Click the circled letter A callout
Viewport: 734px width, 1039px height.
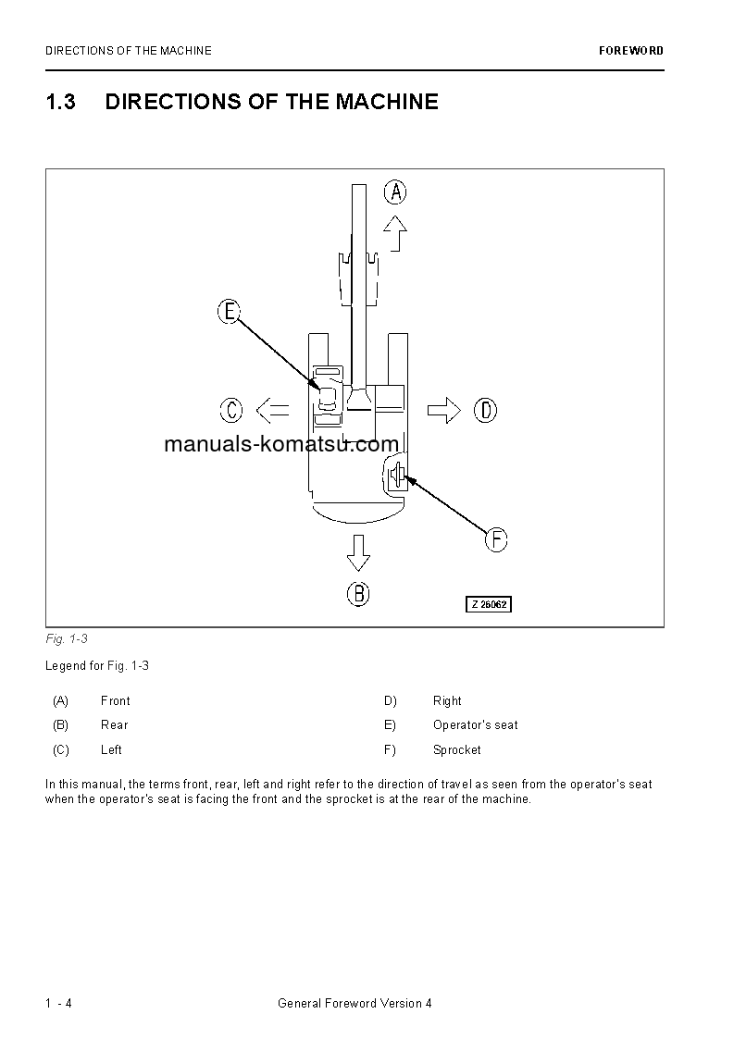pos(395,192)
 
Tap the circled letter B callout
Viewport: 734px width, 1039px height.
pos(358,593)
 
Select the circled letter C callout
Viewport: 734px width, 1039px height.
pos(231,409)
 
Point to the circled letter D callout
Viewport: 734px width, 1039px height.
pos(485,409)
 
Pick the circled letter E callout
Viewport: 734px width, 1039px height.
pos(230,312)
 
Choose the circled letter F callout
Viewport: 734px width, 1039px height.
pos(496,539)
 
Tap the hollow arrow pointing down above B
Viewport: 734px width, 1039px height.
pos(358,553)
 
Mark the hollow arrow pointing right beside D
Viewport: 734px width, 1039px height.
pos(444,409)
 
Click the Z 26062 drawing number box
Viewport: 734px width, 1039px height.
pos(488,604)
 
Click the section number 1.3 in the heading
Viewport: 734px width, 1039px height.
pos(60,102)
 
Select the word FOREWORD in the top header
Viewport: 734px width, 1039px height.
pos(631,51)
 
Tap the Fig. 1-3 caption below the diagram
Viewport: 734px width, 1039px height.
pos(66,638)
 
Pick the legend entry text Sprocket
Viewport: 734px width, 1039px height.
pos(457,749)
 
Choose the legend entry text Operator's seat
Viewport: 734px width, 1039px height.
pos(476,724)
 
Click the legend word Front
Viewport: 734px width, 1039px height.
pos(116,700)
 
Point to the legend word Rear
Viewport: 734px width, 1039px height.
pos(115,724)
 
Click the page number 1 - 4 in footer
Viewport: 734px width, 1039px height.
pos(58,1004)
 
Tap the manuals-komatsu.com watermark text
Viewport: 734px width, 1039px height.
pos(281,444)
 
